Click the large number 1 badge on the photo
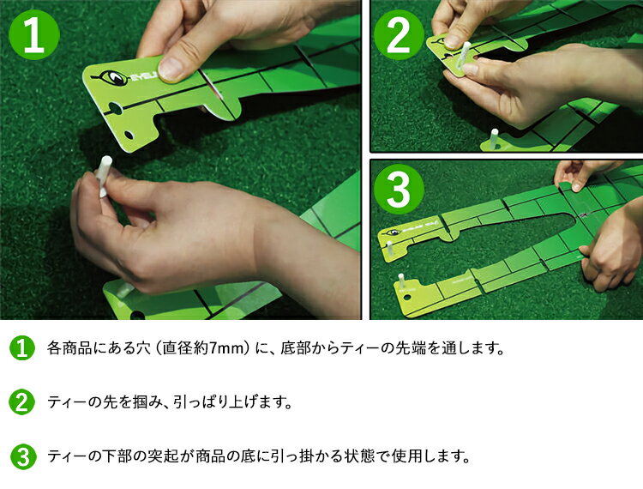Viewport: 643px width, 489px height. (x=34, y=35)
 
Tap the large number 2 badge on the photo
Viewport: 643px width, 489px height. (x=399, y=35)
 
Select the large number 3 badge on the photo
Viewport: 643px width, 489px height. (x=399, y=189)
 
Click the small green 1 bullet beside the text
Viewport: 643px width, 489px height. (x=22, y=348)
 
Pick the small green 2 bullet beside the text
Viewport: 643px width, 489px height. (x=22, y=402)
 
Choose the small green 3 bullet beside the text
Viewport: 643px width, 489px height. (x=22, y=456)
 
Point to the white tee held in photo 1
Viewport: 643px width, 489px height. (x=103, y=177)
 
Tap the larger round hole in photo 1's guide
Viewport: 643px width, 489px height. (x=115, y=109)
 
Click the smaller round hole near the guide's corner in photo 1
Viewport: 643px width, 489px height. (x=129, y=135)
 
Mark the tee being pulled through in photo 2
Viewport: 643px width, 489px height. (x=464, y=56)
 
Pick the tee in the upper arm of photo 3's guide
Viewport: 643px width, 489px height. (x=389, y=248)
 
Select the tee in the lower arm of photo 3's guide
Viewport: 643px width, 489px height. (x=401, y=282)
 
